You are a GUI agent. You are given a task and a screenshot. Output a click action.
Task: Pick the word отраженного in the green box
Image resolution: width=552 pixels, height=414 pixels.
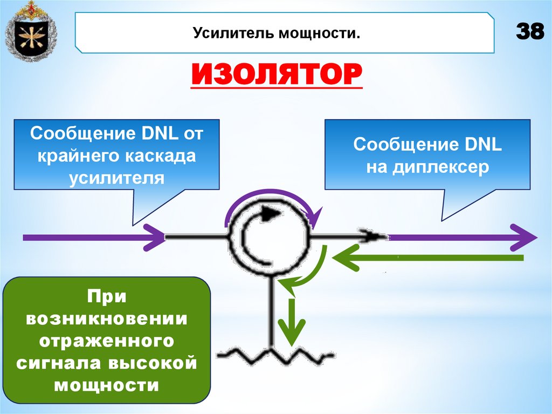[107, 342]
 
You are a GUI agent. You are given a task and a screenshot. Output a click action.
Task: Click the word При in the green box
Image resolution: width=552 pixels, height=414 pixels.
[107, 297]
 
